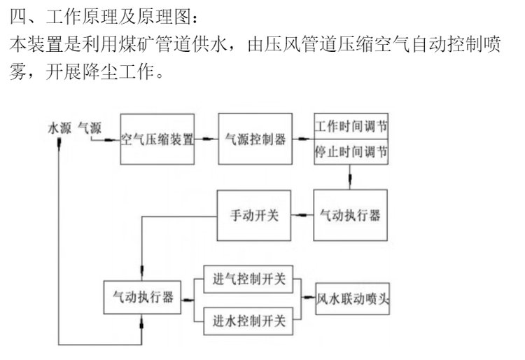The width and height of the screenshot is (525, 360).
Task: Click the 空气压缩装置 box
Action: tap(157, 138)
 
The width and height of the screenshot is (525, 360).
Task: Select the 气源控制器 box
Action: tap(255, 138)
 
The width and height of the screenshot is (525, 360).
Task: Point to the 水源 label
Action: tap(60, 128)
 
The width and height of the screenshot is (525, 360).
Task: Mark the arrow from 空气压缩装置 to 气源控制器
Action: tap(207, 139)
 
